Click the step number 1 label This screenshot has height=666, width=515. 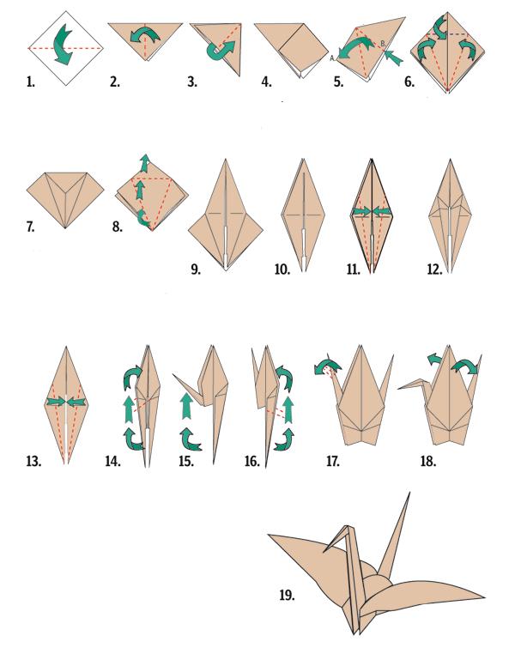pyautogui.click(x=30, y=82)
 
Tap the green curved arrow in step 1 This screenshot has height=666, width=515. pyautogui.click(x=63, y=45)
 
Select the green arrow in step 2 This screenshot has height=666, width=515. pyautogui.click(x=145, y=36)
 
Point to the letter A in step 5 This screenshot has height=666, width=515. pyautogui.click(x=332, y=58)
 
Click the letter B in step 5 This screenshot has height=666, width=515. pyautogui.click(x=383, y=43)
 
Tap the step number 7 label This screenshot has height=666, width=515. pyautogui.click(x=30, y=227)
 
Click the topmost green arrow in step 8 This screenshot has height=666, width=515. pyautogui.click(x=145, y=163)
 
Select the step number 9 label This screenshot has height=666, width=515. pyautogui.click(x=195, y=269)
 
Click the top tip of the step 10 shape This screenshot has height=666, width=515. pyautogui.click(x=303, y=159)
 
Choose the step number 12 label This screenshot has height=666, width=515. pyautogui.click(x=434, y=269)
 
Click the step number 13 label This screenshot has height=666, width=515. pyautogui.click(x=33, y=461)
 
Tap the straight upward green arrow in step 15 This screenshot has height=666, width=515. pyautogui.click(x=185, y=407)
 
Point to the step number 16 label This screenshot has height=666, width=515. pyautogui.click(x=252, y=461)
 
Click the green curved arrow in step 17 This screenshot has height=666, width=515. pyautogui.click(x=328, y=366)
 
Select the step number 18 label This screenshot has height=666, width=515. pyautogui.click(x=428, y=461)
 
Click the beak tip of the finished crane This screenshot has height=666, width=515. pyautogui.click(x=324, y=552)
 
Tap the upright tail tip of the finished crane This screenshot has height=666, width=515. pyautogui.click(x=409, y=493)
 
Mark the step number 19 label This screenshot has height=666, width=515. pyautogui.click(x=287, y=595)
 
